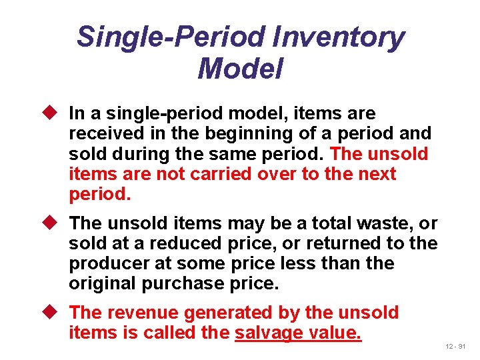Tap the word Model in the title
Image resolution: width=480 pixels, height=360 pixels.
240,68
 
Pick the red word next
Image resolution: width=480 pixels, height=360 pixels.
377,174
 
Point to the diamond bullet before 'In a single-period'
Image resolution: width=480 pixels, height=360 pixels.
55,114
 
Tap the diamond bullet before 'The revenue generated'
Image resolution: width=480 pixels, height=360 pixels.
55,313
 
